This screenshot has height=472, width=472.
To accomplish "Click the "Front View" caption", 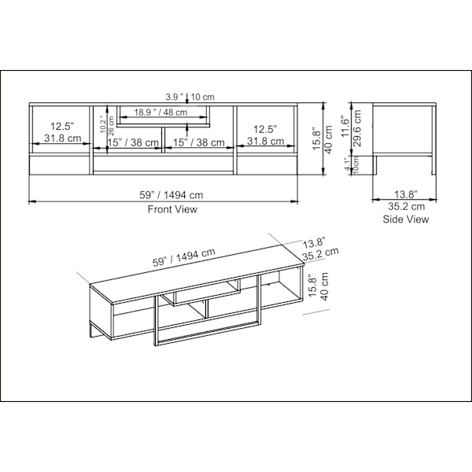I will coord(172,210).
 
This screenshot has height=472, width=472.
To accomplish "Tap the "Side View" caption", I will coord(405,219).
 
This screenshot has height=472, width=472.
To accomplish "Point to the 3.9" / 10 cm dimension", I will coord(186,97).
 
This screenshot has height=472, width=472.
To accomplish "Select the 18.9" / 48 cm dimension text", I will coord(160,112).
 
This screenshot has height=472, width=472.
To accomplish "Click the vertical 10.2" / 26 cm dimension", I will coord(105,126).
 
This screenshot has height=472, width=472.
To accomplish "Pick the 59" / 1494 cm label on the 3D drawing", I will coord(186,260).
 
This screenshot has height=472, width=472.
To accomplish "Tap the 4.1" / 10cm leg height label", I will coord(350,166).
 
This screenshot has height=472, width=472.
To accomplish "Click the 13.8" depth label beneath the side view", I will coord(405,194).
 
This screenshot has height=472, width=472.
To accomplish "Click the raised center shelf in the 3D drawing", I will coord(206,293).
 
